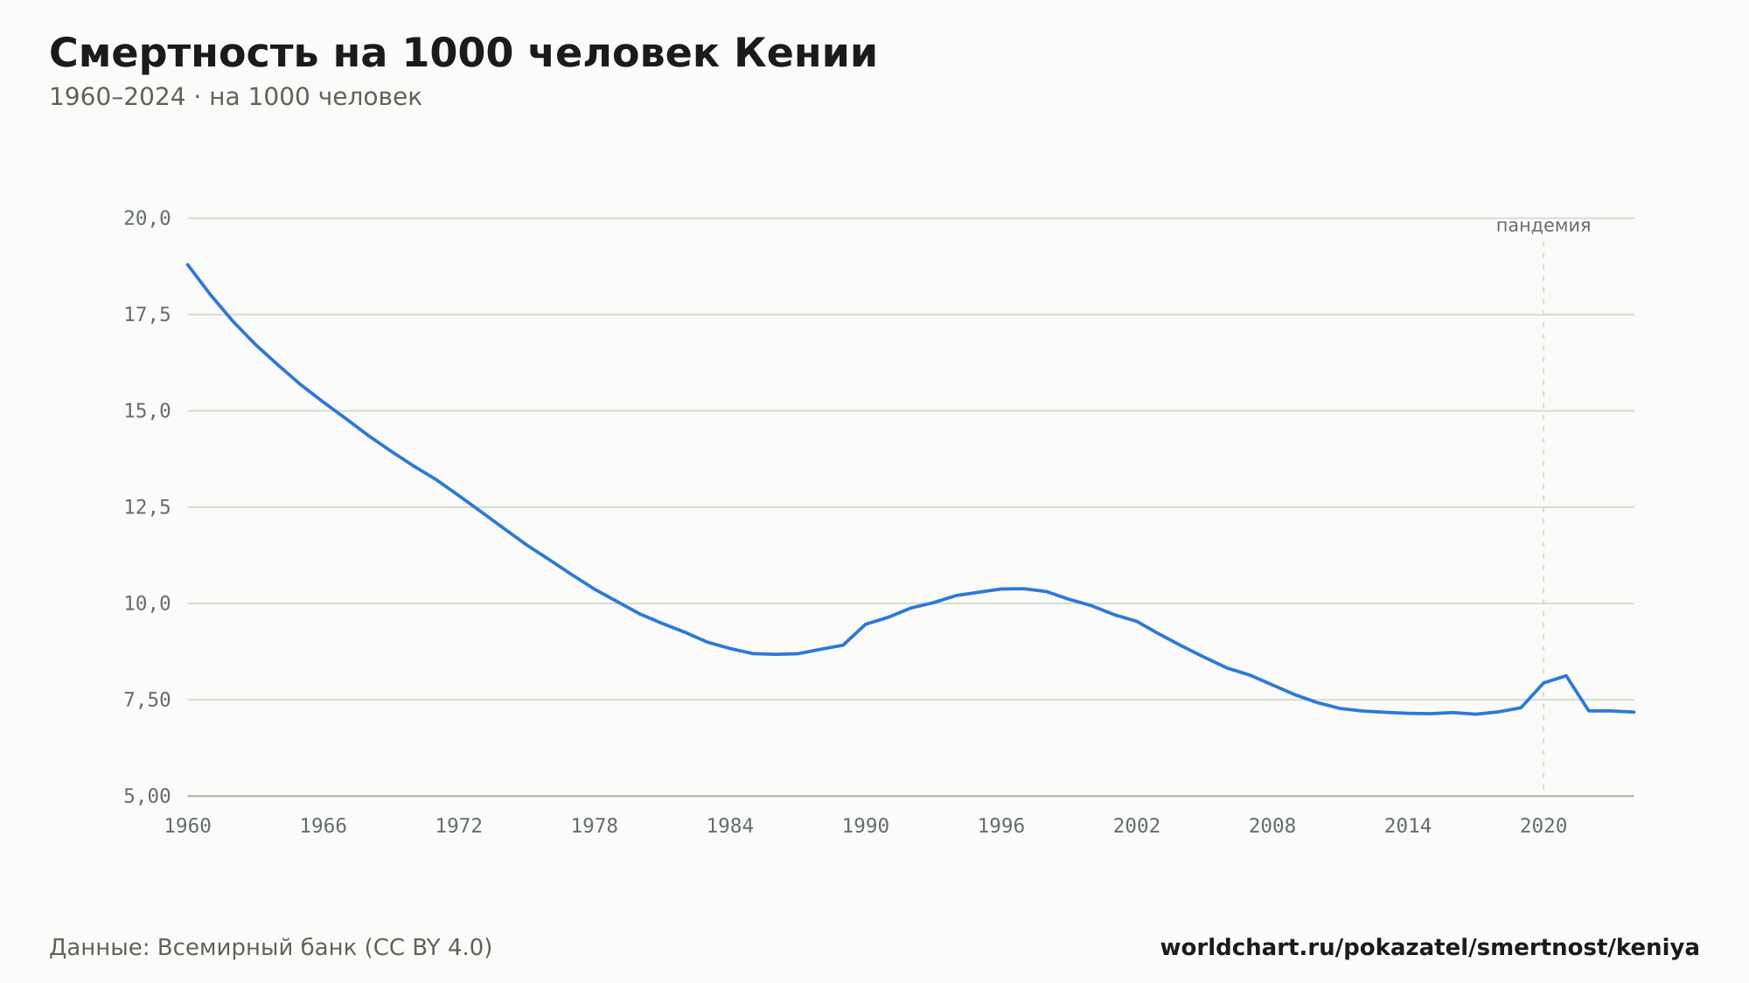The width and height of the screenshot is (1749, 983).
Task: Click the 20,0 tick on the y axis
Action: [x=147, y=219]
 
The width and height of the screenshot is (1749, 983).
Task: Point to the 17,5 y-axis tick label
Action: [x=147, y=315]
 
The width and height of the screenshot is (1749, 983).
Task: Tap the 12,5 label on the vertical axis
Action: [x=147, y=507]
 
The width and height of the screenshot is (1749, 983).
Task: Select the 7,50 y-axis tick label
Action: [x=147, y=700]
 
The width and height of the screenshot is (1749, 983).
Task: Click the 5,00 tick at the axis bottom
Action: [x=147, y=796]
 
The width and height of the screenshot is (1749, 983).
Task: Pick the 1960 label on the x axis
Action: [x=188, y=826]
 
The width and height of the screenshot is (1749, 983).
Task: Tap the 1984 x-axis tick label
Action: [x=730, y=826]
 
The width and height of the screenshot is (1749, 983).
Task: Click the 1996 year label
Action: [x=1001, y=826]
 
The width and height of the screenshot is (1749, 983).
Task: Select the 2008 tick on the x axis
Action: [x=1272, y=826]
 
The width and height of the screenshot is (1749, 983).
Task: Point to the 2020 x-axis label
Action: [x=1543, y=826]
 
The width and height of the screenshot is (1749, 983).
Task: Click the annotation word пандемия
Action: [x=1543, y=226]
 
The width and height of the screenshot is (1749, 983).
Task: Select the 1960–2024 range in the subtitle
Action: [x=117, y=97]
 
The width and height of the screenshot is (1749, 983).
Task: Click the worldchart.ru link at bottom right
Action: [x=1430, y=948]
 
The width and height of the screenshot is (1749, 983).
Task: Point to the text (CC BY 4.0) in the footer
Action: [x=429, y=948]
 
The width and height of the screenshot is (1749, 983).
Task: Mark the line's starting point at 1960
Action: [x=188, y=264]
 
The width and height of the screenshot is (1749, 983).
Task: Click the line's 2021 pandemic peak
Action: [x=1566, y=676]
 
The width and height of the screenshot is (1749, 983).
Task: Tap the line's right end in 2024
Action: [x=1634, y=712]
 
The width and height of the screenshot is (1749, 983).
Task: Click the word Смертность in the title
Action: [x=184, y=53]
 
